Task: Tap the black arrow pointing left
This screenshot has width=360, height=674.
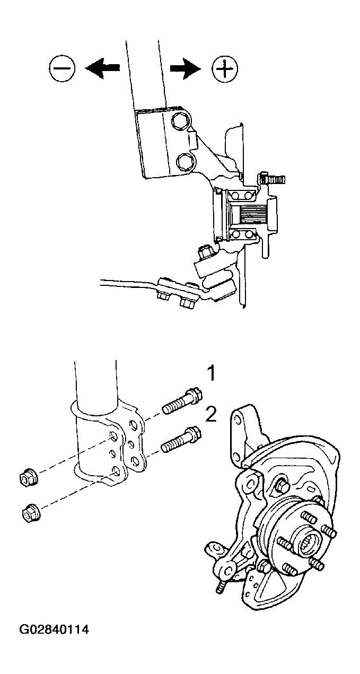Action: [x=102, y=68]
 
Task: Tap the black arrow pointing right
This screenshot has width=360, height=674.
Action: [x=185, y=68]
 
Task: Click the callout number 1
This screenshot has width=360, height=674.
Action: [x=212, y=374]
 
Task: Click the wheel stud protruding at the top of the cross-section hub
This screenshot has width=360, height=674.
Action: [x=271, y=179]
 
